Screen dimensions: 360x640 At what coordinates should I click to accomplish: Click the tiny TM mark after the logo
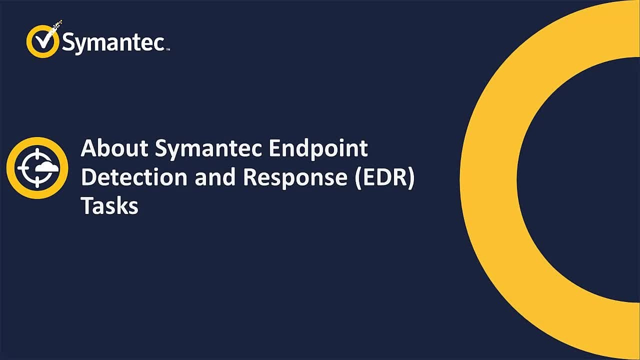click(168, 49)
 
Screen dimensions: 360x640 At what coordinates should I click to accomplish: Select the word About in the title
click(114, 148)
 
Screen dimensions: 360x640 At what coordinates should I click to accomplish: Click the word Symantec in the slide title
click(208, 149)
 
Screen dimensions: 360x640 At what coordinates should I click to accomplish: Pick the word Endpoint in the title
click(318, 149)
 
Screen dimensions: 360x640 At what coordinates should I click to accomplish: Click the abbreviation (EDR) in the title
click(384, 178)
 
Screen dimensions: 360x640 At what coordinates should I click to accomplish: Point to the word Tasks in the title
click(109, 205)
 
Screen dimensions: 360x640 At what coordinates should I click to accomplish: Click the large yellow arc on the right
click(487, 180)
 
